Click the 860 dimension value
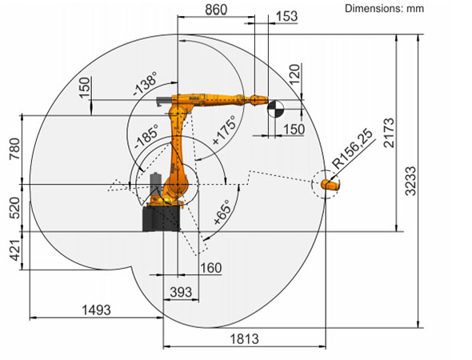216,10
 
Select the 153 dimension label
286,16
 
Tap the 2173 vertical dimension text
389,133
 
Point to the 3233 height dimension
410,182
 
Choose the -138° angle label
145,83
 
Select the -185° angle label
146,137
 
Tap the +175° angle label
224,130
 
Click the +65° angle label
222,213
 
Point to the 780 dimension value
14,149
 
